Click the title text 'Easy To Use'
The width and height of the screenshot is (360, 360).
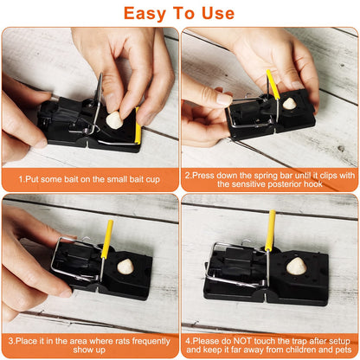pyautogui.click(x=179, y=13)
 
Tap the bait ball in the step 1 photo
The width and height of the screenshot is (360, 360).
pyautogui.click(x=114, y=121)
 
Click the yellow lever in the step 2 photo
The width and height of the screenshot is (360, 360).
pyautogui.click(x=273, y=85)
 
